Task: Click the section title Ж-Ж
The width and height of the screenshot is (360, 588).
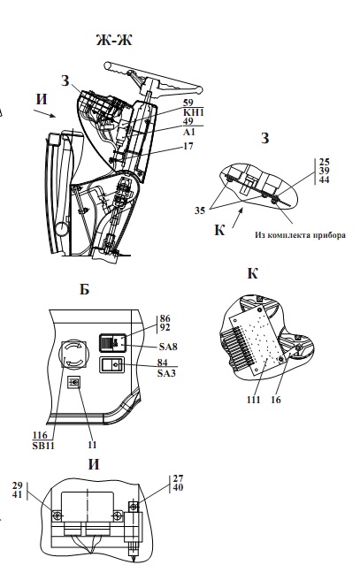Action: (x=114, y=40)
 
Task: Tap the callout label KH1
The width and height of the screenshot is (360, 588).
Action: (x=194, y=112)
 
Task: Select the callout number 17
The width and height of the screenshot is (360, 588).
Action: (x=188, y=146)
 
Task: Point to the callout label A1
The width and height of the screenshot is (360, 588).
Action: (x=189, y=132)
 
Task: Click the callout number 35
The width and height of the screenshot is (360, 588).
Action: (x=200, y=210)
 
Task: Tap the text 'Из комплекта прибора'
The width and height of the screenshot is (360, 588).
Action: (x=301, y=235)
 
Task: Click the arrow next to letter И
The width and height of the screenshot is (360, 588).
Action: (x=44, y=114)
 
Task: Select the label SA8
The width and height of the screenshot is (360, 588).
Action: (x=168, y=347)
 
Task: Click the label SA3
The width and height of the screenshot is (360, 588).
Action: (x=166, y=373)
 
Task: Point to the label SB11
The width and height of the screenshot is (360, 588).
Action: (x=43, y=446)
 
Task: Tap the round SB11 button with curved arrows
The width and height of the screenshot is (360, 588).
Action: (x=73, y=355)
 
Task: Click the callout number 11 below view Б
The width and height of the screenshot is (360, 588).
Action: (x=92, y=445)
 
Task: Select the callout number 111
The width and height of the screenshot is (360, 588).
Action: (x=254, y=400)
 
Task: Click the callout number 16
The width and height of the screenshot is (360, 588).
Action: (x=276, y=400)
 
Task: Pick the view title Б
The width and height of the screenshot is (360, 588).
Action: (x=85, y=289)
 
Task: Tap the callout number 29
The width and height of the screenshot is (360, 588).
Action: (x=18, y=485)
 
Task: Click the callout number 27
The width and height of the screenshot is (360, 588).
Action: (x=178, y=478)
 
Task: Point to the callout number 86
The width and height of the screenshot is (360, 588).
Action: (x=165, y=318)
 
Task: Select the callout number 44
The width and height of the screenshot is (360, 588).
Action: (x=325, y=180)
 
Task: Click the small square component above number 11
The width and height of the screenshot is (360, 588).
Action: (x=74, y=382)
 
